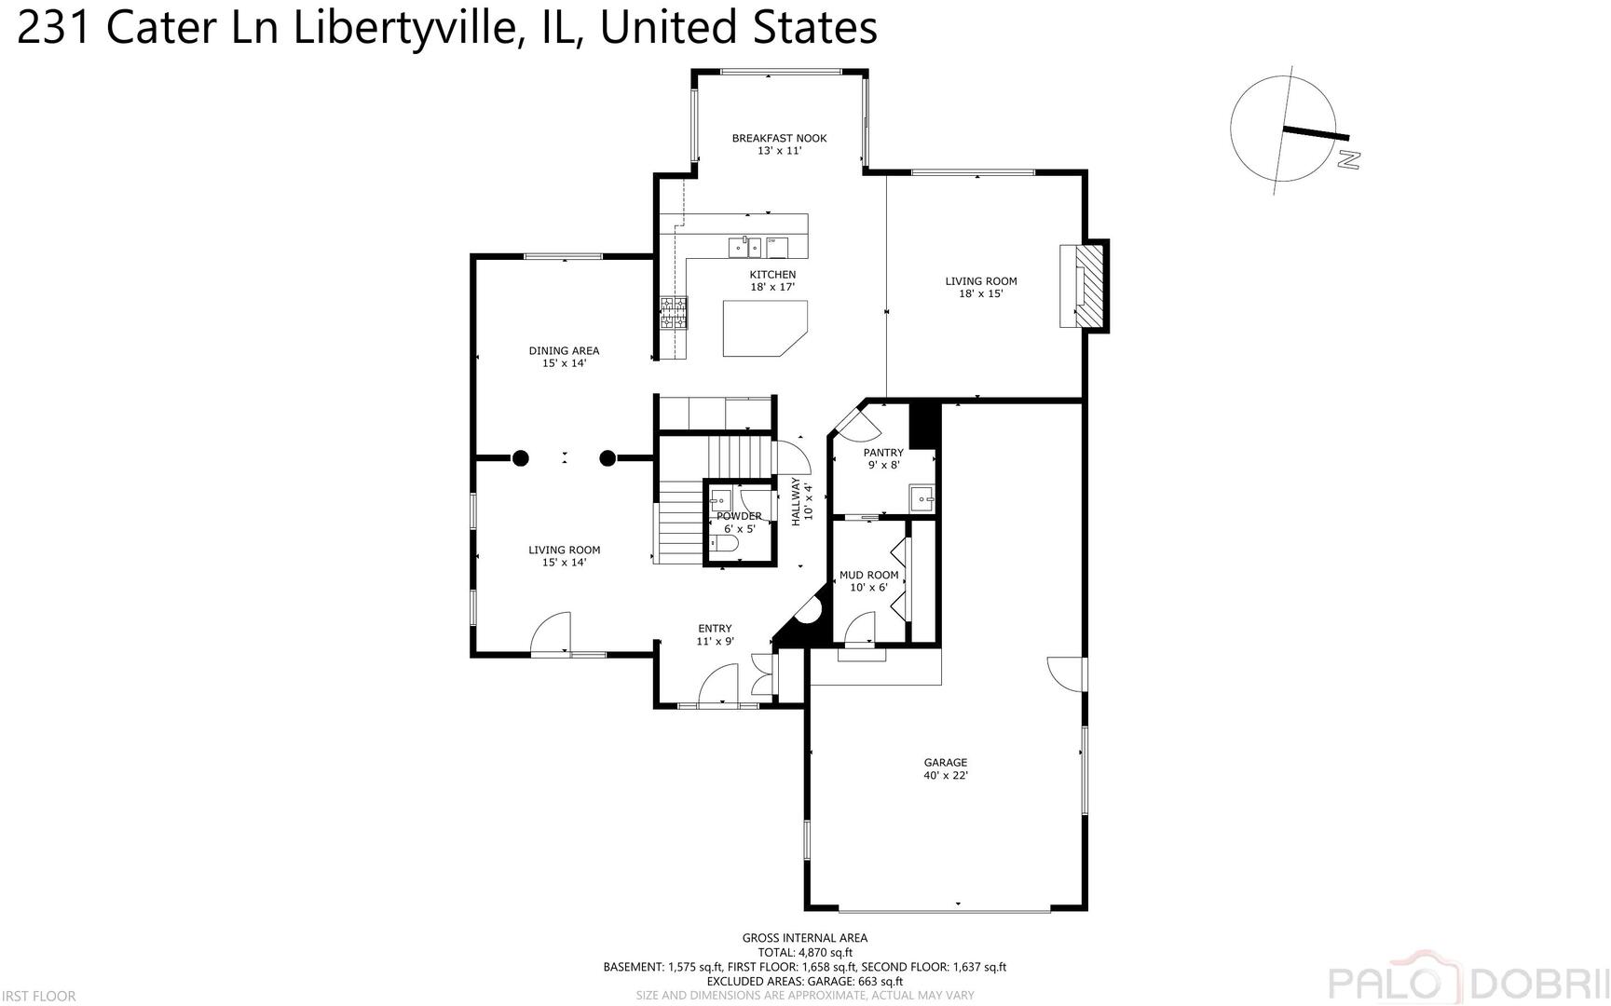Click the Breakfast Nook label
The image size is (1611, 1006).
(779, 143)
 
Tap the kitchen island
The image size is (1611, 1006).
(759, 328)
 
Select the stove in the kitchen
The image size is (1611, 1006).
(674, 312)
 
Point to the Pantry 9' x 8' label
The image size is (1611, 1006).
(882, 458)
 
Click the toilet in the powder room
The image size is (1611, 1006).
(726, 542)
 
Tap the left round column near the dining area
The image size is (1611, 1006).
(520, 457)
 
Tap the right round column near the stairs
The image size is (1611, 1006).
(608, 457)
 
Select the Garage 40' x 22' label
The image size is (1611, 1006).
(945, 768)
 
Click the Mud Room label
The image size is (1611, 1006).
(868, 580)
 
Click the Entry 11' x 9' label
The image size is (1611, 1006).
(715, 634)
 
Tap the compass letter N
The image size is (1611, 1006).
(1347, 159)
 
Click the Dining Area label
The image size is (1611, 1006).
(564, 357)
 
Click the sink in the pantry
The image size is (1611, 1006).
(922, 499)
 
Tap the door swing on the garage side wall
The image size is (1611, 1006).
(1065, 673)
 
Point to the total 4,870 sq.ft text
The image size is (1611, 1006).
(805, 953)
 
